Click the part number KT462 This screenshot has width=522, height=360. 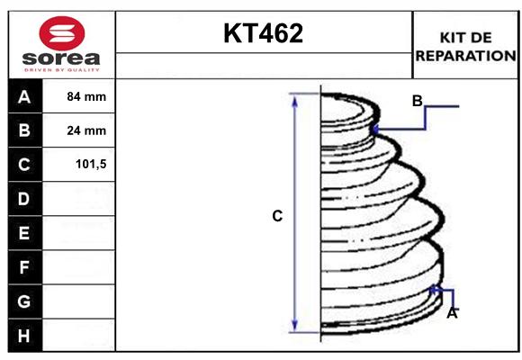coord(264,33)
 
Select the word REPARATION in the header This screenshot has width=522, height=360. coord(466,55)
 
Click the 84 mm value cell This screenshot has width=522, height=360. coord(86,96)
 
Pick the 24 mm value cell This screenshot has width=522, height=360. coord(86,130)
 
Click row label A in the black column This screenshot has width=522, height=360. coord(24,96)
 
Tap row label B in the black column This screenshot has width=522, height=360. coord(24,130)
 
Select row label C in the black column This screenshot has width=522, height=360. coord(24,165)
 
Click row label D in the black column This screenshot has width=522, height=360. coord(24,199)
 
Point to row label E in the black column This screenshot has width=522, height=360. coord(24,233)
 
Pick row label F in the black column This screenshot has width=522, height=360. coord(24,267)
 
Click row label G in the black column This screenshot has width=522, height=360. coord(24,301)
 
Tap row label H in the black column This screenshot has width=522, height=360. coord(24,336)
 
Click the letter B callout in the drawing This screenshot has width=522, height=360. coord(417,101)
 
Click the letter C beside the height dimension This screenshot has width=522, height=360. coord(277,216)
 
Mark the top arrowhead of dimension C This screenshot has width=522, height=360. coord(294,100)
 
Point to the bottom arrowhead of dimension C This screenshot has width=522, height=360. coord(294,325)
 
